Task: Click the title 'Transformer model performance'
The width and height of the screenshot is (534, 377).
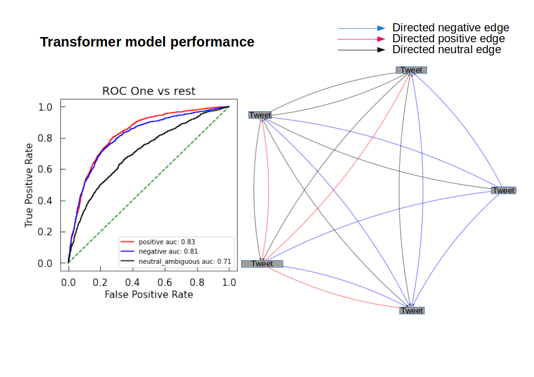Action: coord(147,42)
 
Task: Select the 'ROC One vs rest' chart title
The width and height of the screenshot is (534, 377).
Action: coord(149,91)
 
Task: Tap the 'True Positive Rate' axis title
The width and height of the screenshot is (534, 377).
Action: coord(29,185)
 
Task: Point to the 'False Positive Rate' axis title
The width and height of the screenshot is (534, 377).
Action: coord(149,294)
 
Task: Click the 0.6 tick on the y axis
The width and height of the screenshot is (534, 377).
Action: coord(45,170)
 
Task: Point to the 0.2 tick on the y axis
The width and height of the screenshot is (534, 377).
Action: coord(45,232)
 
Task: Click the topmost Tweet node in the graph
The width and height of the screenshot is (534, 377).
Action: coord(411,70)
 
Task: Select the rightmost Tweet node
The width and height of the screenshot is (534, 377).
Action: coord(504,190)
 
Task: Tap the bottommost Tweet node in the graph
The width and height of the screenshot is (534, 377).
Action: coord(411,311)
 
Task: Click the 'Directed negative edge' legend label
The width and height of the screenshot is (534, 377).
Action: coord(450,28)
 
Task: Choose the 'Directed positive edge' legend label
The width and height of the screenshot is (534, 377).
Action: coord(448,38)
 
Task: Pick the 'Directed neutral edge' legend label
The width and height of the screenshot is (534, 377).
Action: coord(447,49)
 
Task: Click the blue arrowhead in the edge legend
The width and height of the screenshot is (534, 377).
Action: coord(381,28)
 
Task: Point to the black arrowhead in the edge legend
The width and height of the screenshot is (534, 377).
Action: coord(381,49)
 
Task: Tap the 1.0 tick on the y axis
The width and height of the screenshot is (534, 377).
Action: coord(45,107)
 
